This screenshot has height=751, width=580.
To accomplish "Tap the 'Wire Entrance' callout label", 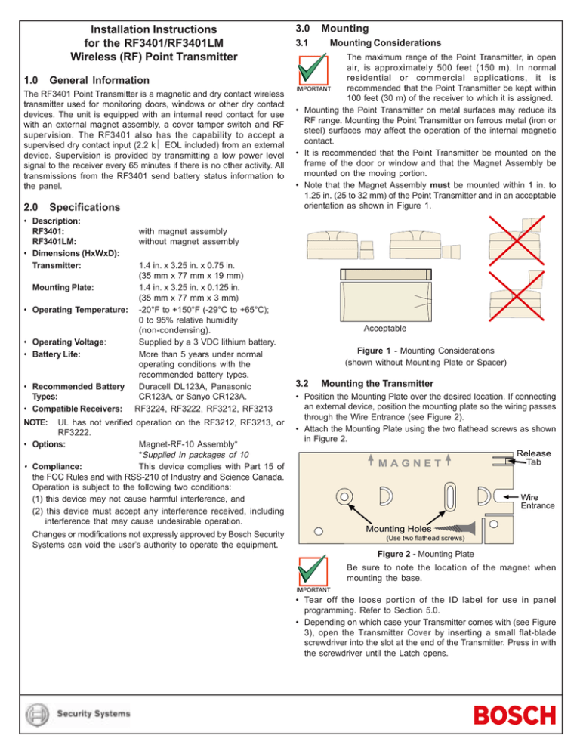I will tap(538, 502).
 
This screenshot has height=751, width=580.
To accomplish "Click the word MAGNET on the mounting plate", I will tap(411, 462).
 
